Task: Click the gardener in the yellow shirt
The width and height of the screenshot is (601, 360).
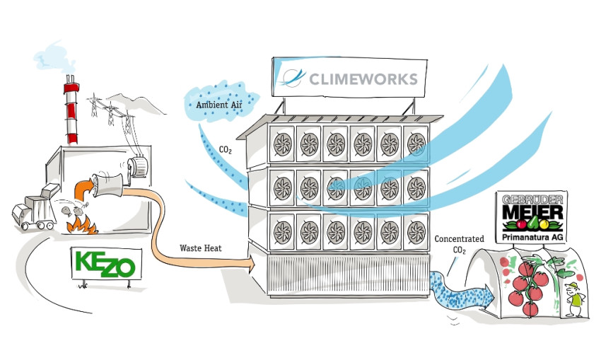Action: (x=576, y=300)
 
